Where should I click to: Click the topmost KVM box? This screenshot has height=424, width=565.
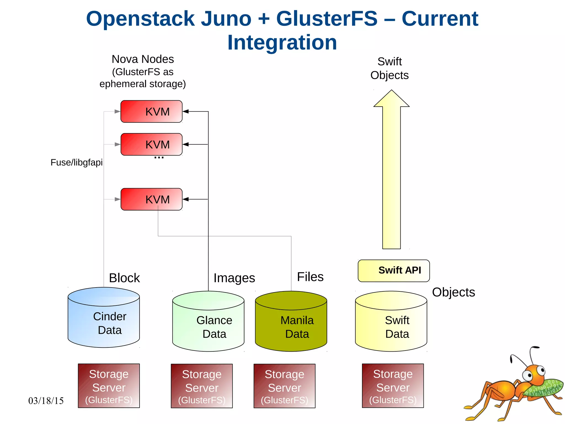[151, 111]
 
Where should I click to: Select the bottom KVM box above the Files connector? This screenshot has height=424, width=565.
[151, 199]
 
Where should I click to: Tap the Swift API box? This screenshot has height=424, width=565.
[394, 270]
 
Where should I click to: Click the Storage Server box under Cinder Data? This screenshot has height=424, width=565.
[109, 386]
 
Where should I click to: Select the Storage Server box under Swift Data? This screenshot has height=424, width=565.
[393, 386]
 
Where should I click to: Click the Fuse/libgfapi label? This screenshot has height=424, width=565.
[76, 162]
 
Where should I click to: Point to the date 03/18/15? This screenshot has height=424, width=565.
[46, 401]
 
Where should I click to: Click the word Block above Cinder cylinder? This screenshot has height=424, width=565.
[124, 278]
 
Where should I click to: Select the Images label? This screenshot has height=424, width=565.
[234, 278]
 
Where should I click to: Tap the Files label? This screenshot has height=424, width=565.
[310, 277]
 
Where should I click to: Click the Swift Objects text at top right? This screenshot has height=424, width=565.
[389, 68]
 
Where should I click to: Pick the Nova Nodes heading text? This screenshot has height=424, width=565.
[143, 59]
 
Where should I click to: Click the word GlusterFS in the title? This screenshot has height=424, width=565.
[327, 19]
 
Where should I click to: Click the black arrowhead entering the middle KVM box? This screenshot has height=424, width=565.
[186, 144]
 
